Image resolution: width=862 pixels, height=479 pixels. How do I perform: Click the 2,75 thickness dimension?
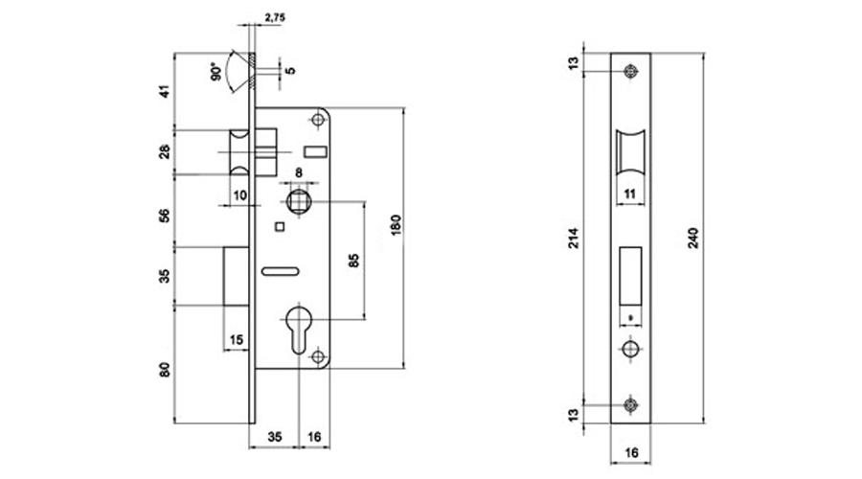275,17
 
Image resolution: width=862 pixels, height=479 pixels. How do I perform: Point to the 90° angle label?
217,72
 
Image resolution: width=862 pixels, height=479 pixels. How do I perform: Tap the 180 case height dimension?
397,225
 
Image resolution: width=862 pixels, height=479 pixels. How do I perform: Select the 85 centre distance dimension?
354,261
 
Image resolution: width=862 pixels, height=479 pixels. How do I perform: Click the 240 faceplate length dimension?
693,238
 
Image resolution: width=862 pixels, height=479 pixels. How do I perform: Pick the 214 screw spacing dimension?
574,238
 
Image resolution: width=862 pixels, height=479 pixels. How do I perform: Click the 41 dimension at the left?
165,91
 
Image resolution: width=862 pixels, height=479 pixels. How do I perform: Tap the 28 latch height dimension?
165,152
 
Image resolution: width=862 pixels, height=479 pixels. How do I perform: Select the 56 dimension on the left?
165,215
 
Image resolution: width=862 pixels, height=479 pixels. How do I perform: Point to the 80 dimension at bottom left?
165,370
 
